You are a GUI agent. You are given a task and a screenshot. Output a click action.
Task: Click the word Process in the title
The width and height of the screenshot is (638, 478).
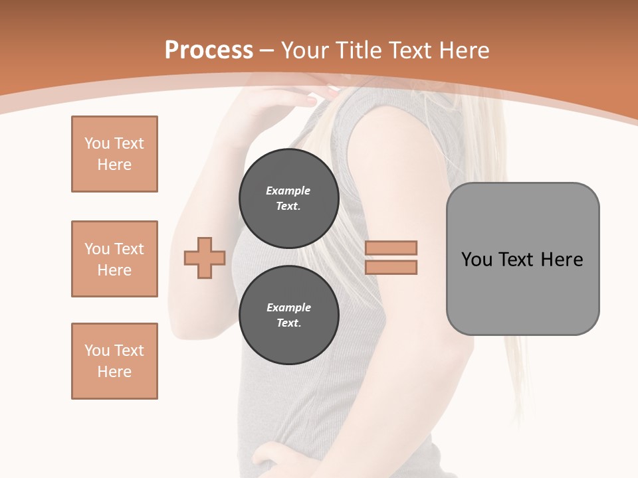tap(209, 50)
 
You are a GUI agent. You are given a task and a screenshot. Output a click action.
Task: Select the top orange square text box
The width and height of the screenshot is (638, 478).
tap(114, 154)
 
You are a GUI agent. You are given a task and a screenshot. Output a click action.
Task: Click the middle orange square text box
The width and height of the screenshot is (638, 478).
tap(114, 259)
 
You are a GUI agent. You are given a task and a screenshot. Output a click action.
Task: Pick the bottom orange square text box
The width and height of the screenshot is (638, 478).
tap(114, 361)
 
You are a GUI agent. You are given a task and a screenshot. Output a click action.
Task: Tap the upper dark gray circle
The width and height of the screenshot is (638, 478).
tap(288, 199)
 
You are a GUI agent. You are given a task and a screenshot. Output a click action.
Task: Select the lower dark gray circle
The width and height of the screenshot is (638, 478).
tap(288, 315)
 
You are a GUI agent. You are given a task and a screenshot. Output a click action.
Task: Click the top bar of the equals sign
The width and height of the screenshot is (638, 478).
tap(391, 248)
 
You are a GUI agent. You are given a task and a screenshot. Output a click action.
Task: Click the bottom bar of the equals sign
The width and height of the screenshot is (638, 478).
tap(391, 268)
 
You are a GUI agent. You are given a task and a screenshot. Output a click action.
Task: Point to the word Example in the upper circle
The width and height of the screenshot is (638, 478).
tap(288, 191)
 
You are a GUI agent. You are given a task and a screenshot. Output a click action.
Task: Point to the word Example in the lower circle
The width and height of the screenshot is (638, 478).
tap(288, 307)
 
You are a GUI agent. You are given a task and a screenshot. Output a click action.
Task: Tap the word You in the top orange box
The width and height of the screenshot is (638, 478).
tap(96, 143)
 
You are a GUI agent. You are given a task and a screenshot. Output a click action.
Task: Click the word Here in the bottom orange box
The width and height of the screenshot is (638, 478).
tap(114, 372)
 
